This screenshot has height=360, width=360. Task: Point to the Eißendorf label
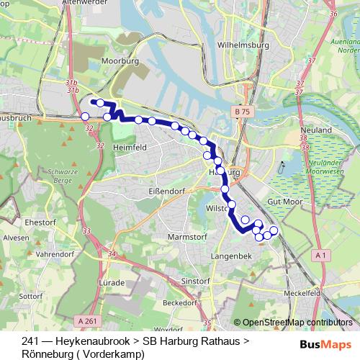[x=153, y=192]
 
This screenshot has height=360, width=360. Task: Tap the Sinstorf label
[x=195, y=280]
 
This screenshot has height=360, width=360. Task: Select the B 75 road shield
[x=242, y=113]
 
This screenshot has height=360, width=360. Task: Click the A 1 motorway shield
[x=322, y=255]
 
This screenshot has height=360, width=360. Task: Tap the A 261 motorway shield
[x=86, y=320]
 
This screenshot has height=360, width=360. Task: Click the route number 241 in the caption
[x=30, y=341]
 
